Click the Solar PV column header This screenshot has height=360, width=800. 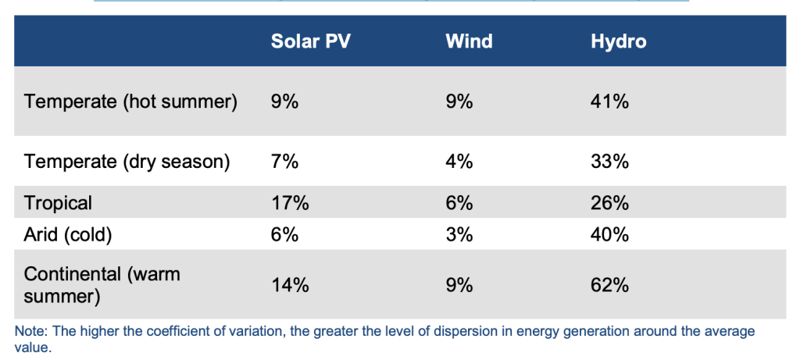(310, 41)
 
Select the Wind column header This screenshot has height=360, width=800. (469, 41)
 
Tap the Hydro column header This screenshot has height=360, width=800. (619, 41)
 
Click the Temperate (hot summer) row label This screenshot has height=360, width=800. (130, 102)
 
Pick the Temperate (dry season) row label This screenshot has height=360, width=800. (127, 162)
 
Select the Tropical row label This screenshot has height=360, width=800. (58, 203)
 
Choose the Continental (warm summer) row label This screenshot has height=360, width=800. (102, 285)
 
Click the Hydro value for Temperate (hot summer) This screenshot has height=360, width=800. (610, 102)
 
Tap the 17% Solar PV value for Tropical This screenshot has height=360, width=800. (290, 203)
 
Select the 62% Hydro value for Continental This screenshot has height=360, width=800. (610, 285)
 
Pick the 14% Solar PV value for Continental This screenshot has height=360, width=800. (290, 285)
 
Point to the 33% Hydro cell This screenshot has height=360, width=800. (610, 162)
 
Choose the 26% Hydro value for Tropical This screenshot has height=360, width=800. (610, 203)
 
